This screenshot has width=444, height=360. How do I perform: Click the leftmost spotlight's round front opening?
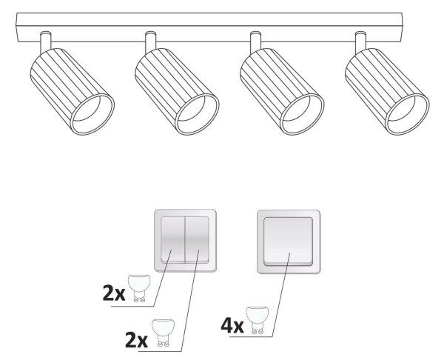(92, 114)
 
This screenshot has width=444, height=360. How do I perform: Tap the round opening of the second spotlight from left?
(197, 114)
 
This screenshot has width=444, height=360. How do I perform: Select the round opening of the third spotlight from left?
(302, 114)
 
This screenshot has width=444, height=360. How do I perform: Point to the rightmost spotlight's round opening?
(408, 114)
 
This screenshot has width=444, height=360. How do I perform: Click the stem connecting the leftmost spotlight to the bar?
(46, 41)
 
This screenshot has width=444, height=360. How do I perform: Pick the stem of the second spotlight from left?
(151, 41)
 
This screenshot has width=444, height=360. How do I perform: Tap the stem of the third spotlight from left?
(256, 41)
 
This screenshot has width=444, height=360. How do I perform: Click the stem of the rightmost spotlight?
(361, 41)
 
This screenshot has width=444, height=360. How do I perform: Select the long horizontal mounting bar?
(209, 27)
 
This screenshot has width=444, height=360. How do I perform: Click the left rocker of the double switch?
(172, 240)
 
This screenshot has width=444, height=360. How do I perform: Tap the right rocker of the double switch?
(197, 240)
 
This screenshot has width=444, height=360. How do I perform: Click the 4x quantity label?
(232, 325)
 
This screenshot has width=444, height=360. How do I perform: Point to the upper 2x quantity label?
(114, 293)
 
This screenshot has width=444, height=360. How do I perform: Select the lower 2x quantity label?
(136, 340)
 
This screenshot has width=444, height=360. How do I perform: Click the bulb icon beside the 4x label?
(257, 320)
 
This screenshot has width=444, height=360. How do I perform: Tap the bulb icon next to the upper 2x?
(139, 288)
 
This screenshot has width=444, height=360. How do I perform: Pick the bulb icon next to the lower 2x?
(163, 333)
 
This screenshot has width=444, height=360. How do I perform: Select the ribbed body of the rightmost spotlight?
(382, 85)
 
